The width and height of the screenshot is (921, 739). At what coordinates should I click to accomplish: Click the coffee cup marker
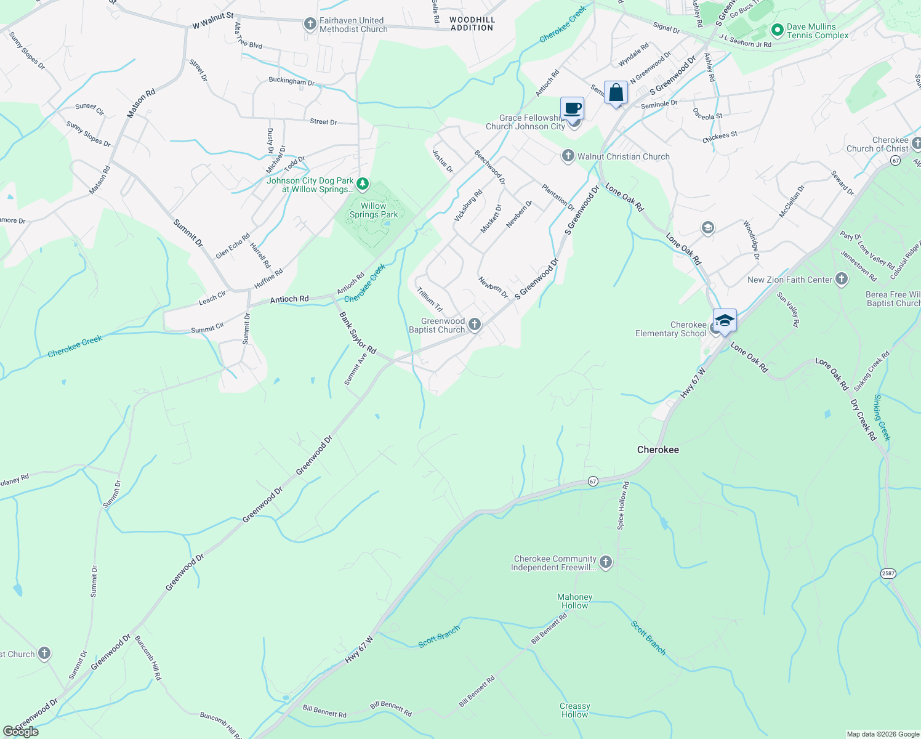click(572, 108)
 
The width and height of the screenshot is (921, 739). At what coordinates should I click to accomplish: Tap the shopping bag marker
click(616, 93)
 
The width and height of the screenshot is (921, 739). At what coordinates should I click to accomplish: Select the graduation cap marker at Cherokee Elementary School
click(725, 320)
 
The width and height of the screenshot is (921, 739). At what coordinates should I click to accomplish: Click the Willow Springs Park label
click(374, 211)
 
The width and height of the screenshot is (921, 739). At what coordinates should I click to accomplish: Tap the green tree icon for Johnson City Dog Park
click(363, 184)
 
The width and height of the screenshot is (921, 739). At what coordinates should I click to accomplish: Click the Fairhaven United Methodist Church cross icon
click(310, 25)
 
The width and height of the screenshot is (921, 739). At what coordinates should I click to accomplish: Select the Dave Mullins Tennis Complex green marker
click(777, 30)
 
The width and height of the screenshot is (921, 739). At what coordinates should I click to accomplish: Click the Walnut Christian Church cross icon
click(568, 156)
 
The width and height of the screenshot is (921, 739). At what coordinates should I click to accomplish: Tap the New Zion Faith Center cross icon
click(842, 280)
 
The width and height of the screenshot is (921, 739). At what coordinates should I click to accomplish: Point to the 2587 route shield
click(888, 573)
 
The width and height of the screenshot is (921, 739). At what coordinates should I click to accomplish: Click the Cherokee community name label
click(658, 450)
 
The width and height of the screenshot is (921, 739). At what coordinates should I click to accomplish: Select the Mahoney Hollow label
click(574, 601)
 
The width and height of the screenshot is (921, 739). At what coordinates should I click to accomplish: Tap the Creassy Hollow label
click(574, 710)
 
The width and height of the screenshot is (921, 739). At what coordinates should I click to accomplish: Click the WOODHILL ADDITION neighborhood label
click(472, 24)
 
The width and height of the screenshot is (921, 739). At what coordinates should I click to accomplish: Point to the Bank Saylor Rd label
click(358, 333)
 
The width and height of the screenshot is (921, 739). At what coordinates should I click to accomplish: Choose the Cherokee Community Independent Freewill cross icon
click(606, 562)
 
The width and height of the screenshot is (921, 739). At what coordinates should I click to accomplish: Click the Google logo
click(20, 731)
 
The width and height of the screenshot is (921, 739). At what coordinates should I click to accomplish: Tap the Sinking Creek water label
click(882, 418)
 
